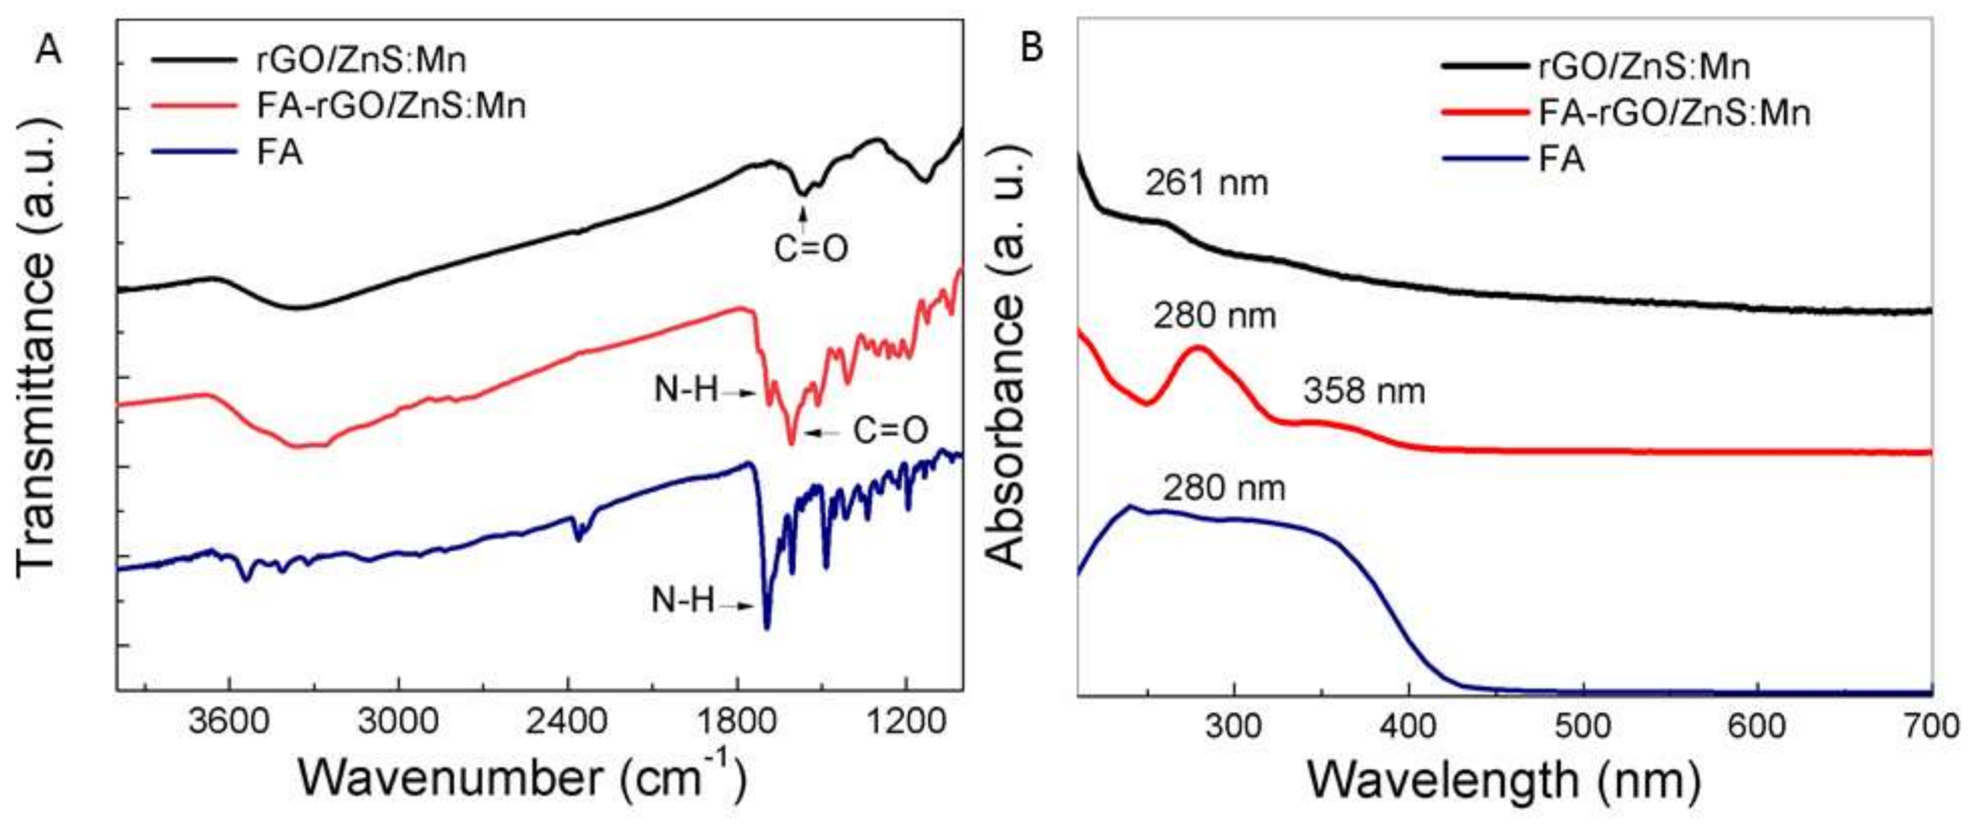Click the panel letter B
(1031, 47)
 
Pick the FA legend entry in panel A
(279, 153)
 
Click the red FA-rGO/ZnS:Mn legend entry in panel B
(1673, 113)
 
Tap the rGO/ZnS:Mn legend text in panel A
(361, 61)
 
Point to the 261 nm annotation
(1206, 183)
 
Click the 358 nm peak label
(1364, 391)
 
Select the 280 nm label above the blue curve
(1224, 488)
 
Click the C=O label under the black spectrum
(811, 248)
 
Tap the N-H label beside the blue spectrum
(683, 600)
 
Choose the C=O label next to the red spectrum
(891, 430)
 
